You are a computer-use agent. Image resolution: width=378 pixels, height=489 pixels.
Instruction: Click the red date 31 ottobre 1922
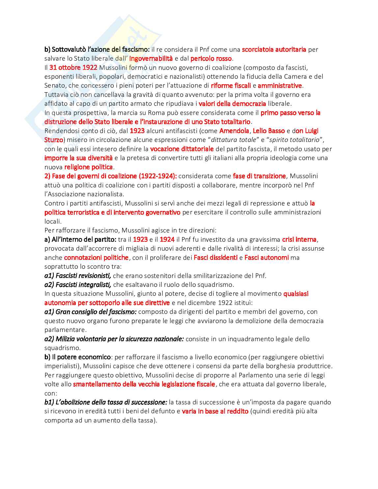[x=73, y=68]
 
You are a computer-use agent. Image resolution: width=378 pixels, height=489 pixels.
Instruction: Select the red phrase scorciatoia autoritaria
[x=274, y=49]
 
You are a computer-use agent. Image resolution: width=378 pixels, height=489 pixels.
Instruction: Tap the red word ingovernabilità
[x=151, y=59]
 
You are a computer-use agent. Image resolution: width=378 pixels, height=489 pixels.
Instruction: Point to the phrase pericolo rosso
[x=211, y=59]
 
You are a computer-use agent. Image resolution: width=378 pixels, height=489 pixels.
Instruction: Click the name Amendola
[x=234, y=131]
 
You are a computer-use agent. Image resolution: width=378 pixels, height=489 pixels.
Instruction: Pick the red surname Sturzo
[x=54, y=140]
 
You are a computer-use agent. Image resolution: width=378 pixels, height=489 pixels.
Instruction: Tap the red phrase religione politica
[x=89, y=167]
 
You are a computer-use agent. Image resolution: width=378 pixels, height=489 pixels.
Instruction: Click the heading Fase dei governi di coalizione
[x=111, y=176]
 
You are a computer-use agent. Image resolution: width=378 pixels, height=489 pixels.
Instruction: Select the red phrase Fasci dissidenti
[x=215, y=258]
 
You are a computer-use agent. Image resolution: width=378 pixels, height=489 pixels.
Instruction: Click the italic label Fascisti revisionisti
[x=78, y=276]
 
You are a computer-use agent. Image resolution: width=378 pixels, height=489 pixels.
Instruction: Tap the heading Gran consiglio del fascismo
[x=91, y=312]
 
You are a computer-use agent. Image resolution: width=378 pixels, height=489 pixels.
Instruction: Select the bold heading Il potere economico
[x=78, y=357]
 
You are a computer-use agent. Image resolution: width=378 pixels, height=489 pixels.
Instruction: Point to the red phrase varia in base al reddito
[x=215, y=411]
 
